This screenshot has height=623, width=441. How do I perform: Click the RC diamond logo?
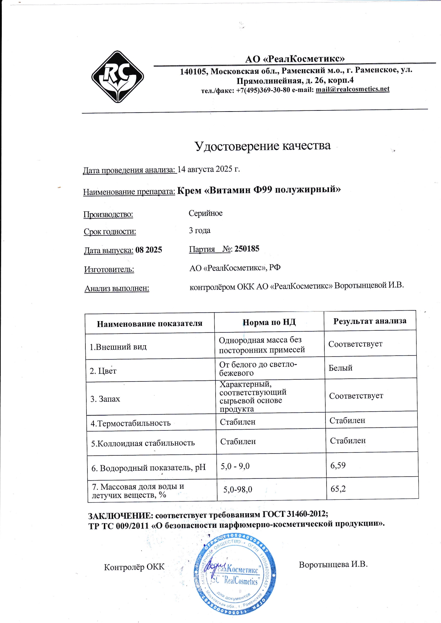pos(118,77)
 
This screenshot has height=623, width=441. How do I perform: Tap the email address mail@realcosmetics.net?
pos(352,89)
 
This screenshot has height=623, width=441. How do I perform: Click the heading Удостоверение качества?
pos(262,146)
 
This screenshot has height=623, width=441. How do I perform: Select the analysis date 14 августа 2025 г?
pos(209,169)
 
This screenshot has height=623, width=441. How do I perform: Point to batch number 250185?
pos(247,249)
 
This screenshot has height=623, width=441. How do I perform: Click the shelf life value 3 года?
pos(200,231)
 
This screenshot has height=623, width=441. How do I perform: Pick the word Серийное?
pos(206,213)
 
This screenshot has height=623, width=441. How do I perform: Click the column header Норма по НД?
pos(269,322)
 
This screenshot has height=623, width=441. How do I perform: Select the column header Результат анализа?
pos(370,321)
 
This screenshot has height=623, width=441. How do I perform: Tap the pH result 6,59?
pos(338,465)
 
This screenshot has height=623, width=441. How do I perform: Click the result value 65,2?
pos(338,489)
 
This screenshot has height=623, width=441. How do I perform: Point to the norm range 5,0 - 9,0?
pos(235,466)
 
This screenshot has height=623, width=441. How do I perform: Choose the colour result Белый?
pos(340,368)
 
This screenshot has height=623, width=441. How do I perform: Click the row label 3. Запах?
pos(105,399)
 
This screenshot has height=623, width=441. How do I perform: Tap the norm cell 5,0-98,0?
pos(238,489)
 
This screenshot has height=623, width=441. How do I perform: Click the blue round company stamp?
pos(235,578)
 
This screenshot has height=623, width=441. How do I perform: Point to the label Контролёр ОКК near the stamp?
pos(134,567)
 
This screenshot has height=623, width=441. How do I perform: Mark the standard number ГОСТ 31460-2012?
pos(294,514)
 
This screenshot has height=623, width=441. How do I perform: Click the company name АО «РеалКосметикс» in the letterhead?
pos(295,59)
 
